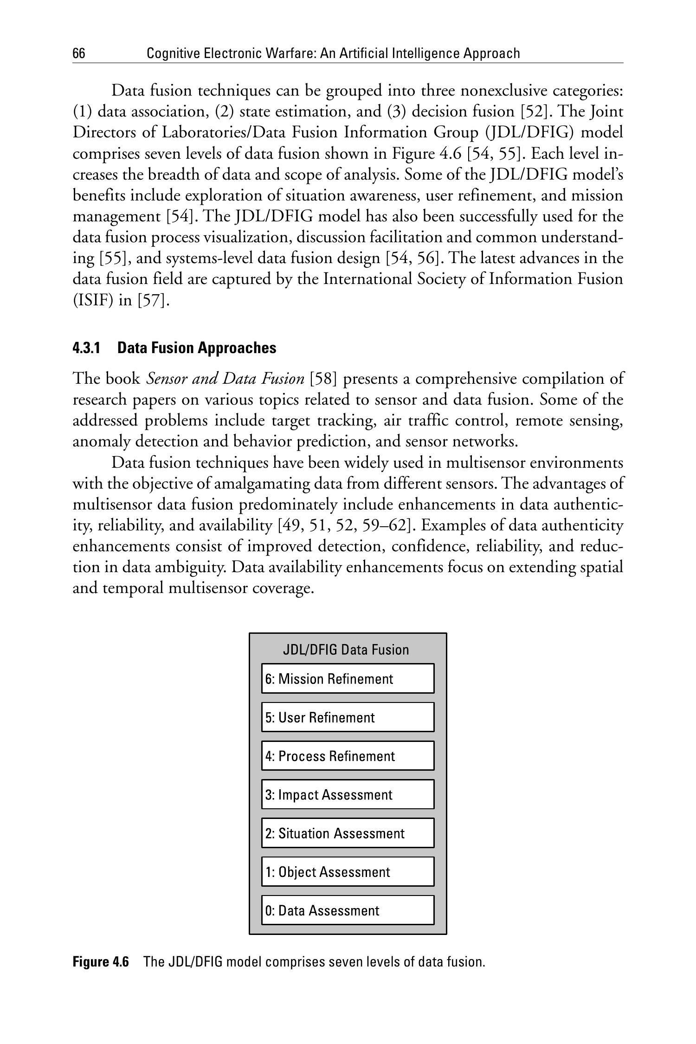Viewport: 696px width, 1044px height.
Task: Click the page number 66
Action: (x=79, y=54)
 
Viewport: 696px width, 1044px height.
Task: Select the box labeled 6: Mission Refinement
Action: (x=348, y=678)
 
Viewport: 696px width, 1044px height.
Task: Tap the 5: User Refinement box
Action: (x=348, y=717)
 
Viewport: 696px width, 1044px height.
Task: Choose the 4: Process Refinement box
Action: (x=348, y=755)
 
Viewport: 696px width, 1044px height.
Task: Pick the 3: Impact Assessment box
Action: (x=348, y=794)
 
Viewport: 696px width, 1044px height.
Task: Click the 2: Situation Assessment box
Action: (x=348, y=833)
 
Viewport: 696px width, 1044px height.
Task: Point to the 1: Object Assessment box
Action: (x=348, y=871)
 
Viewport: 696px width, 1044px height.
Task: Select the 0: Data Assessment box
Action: (x=348, y=910)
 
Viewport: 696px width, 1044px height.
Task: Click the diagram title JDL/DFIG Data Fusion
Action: (x=346, y=649)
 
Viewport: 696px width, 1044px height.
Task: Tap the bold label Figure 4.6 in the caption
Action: (x=101, y=962)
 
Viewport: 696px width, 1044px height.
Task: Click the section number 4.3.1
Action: (x=87, y=348)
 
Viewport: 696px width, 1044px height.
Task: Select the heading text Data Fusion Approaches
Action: (x=197, y=348)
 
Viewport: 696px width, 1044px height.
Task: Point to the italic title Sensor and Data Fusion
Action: (x=225, y=379)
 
